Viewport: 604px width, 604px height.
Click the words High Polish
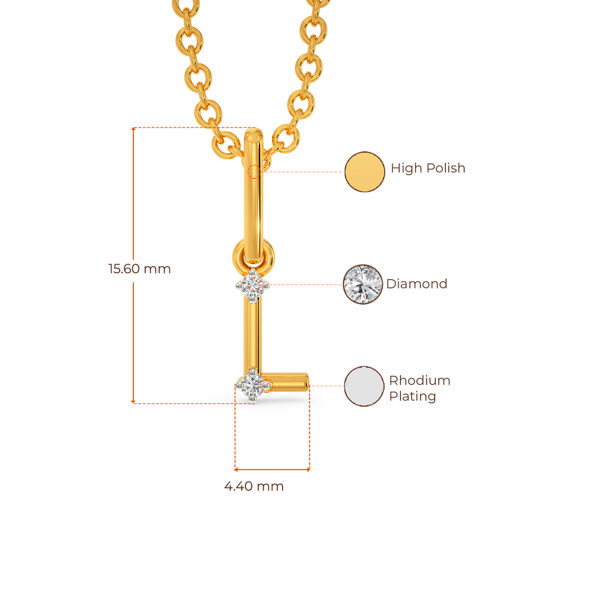click(428, 169)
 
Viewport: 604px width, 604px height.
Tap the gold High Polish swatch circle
click(364, 172)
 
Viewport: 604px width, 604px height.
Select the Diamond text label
click(416, 284)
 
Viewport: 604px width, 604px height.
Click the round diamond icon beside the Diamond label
click(363, 284)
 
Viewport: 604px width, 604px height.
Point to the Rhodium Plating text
click(419, 388)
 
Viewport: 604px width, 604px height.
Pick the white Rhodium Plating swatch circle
click(364, 386)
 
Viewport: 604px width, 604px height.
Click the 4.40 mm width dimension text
click(254, 487)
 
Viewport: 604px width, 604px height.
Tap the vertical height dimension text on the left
click(139, 269)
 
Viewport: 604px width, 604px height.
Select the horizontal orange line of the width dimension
click(272, 470)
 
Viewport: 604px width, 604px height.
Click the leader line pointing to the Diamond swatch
click(307, 284)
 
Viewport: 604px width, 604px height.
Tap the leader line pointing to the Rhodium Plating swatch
click(326, 386)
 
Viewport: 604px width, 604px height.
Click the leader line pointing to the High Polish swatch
click(304, 172)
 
